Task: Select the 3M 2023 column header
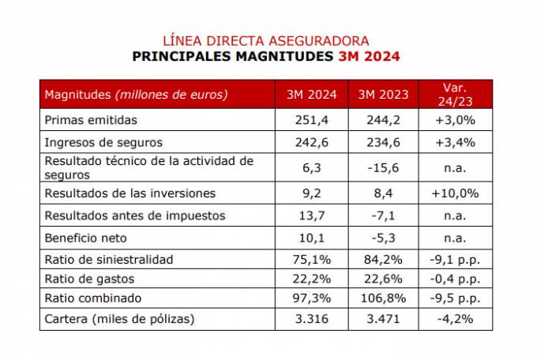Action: pos(383,95)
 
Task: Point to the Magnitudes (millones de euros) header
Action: pos(137,95)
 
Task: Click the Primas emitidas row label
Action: pos(92,120)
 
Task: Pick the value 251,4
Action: pos(312,120)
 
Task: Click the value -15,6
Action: pos(383,167)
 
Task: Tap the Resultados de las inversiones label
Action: pos(130,193)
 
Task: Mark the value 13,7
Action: pos(312,216)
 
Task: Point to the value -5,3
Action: pos(383,238)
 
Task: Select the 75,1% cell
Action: pos(312,259)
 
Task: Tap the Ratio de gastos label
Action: pos(90,279)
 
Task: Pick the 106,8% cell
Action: pos(383,298)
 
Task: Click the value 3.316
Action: pos(312,319)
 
